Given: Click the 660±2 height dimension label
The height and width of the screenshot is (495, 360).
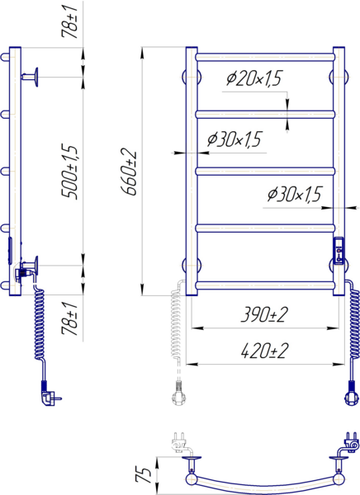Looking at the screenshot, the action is point(129,173).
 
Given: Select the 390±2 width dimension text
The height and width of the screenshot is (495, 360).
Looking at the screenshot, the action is point(264,315).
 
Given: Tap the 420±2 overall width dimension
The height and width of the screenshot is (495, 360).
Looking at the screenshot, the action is point(264,351).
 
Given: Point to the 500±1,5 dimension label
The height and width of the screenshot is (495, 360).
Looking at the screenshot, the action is point(69,172).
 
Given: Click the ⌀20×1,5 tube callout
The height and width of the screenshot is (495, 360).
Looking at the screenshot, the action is point(253,78).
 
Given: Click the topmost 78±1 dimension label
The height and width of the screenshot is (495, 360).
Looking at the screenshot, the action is point(69,22).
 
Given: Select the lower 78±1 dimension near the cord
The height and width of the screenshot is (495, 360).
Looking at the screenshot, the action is point(69,318).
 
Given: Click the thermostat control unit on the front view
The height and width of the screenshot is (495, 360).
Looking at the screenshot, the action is point(339,251).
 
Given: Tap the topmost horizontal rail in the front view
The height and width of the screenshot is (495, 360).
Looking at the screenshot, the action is point(265,57).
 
